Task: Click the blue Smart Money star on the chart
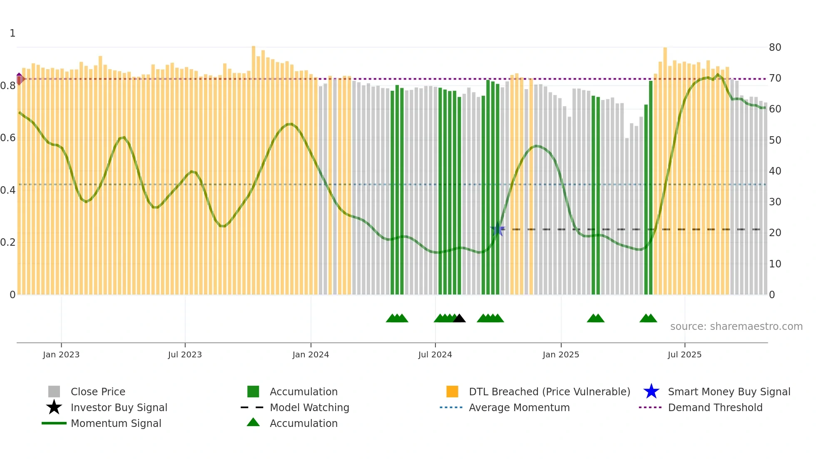[498, 229]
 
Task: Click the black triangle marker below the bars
[459, 319]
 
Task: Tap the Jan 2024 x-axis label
[311, 354]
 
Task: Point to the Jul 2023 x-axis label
[185, 354]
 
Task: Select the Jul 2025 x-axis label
[684, 354]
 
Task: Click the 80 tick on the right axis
[775, 47]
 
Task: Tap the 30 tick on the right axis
[775, 202]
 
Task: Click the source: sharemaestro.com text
[736, 327]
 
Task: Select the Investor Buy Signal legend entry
[119, 407]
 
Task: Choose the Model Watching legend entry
[309, 407]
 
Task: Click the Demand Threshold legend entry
[715, 407]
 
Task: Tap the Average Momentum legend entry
[519, 407]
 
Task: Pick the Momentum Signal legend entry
[116, 423]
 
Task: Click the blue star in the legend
[651, 392]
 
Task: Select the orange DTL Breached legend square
[452, 392]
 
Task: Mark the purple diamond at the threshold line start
[19, 78]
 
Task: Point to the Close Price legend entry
[98, 392]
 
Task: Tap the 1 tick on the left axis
[12, 33]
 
